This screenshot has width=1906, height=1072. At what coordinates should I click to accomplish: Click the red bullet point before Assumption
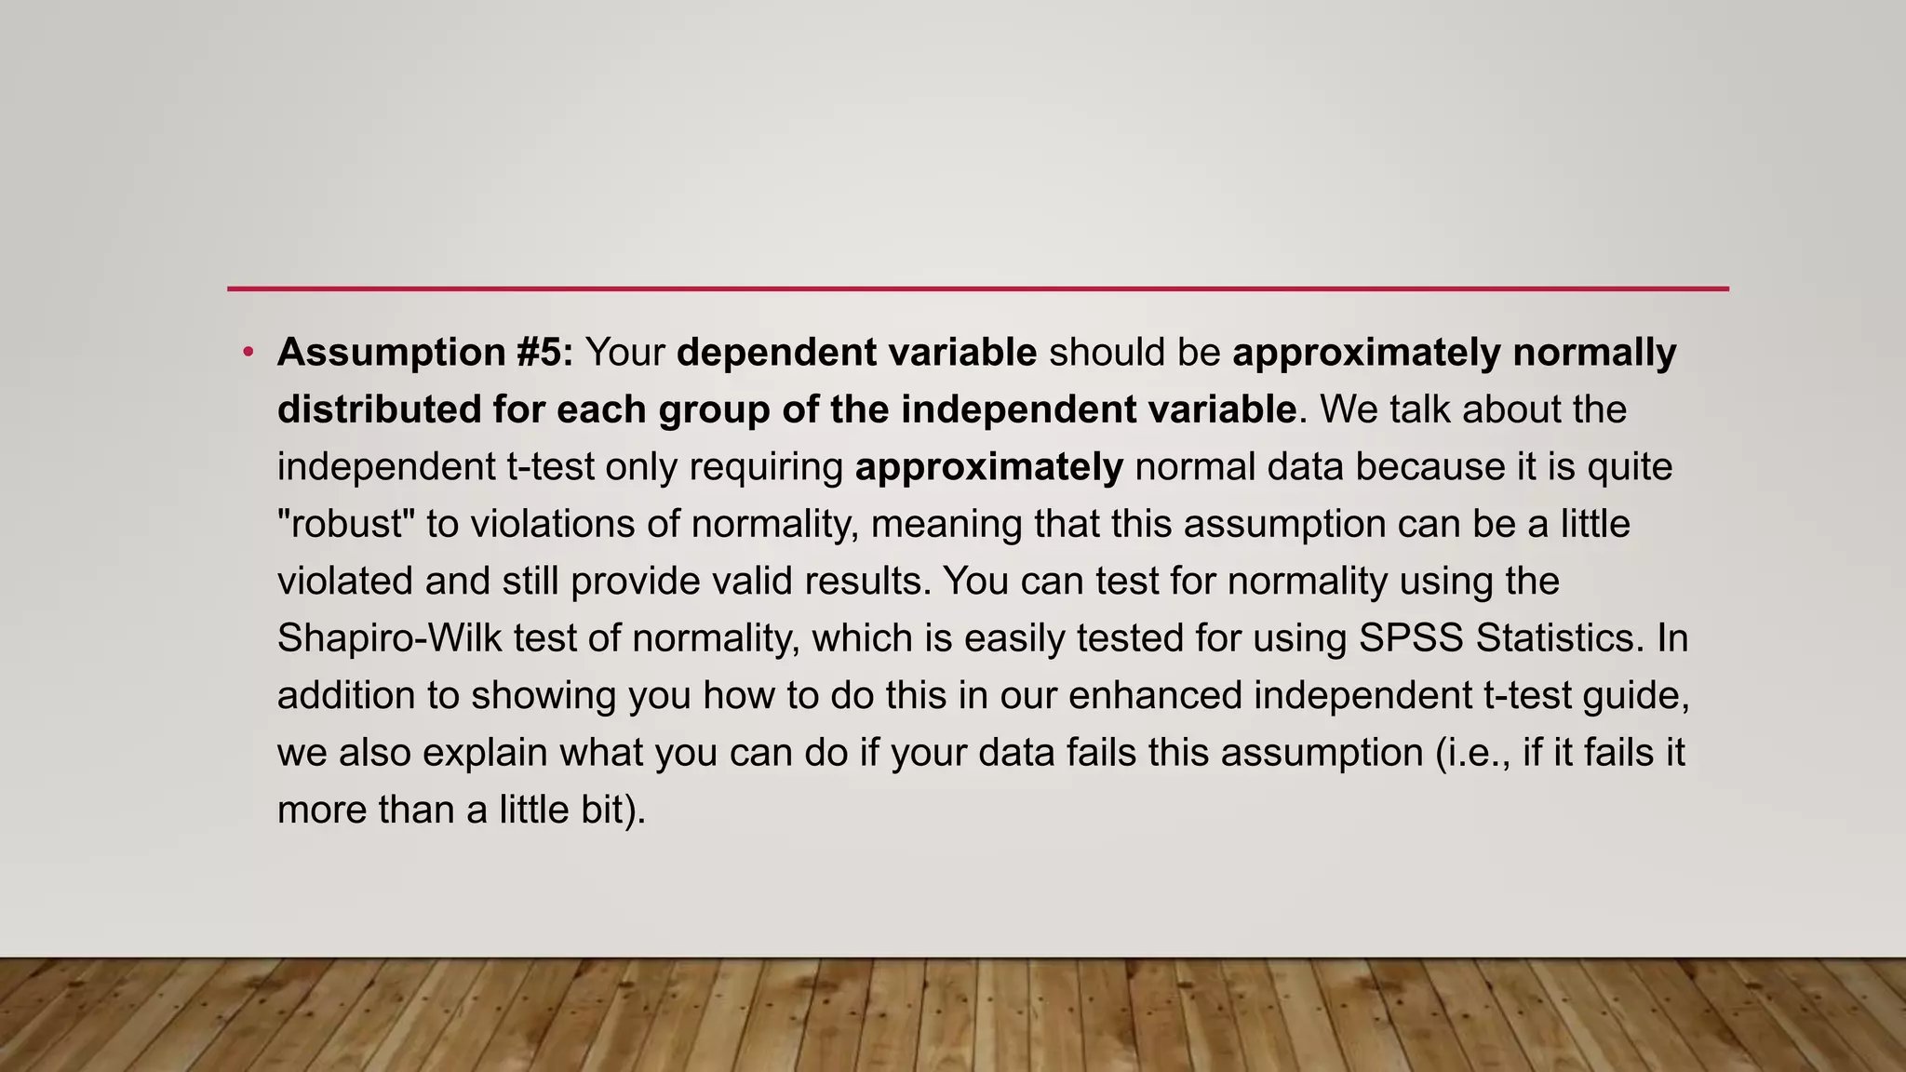pos(248,353)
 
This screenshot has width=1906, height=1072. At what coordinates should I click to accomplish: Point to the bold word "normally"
pos(1594,353)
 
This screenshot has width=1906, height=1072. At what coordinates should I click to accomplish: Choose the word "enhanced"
pos(1155,695)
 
